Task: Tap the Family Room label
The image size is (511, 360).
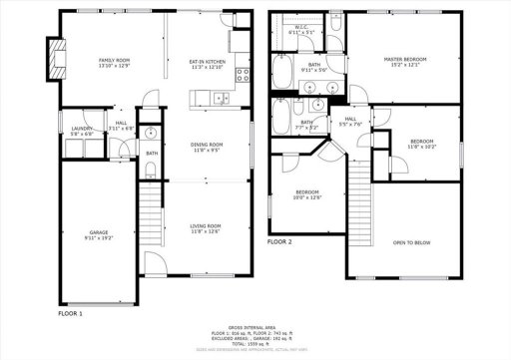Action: point(112,61)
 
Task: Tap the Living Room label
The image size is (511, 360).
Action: point(206,226)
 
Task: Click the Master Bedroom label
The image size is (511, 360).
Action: point(406,60)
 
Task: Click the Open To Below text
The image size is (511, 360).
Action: point(412,242)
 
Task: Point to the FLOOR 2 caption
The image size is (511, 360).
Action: point(279,242)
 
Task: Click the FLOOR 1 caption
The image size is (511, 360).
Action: point(70,313)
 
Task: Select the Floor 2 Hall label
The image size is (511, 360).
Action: point(351,119)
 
